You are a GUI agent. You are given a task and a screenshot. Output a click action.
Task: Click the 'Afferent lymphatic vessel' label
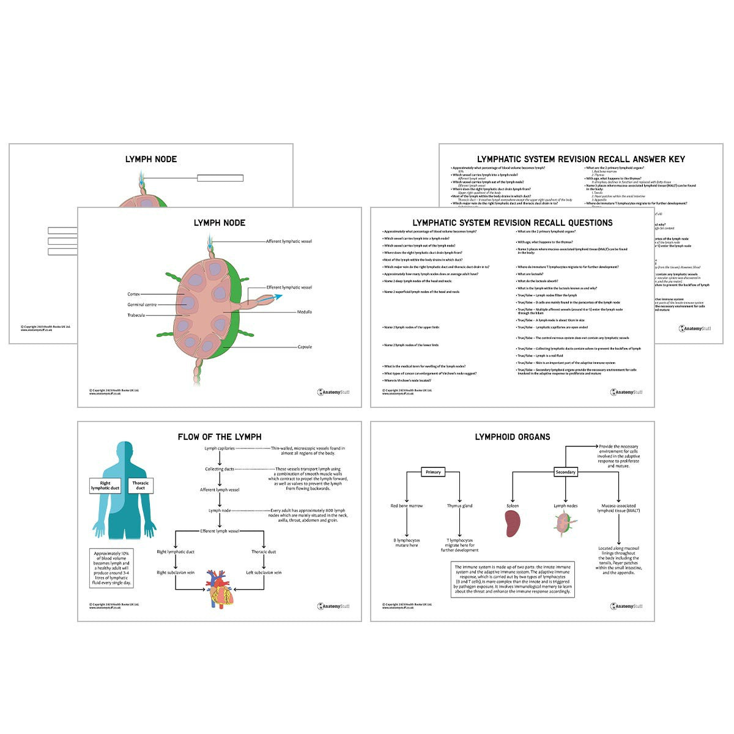click(x=289, y=242)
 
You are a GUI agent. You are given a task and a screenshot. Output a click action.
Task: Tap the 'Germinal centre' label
click(x=142, y=305)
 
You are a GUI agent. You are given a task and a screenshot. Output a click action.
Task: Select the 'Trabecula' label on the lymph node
click(x=136, y=316)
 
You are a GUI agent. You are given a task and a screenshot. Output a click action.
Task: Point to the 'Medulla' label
click(x=304, y=312)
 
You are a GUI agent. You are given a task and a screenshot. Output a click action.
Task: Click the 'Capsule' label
click(x=305, y=347)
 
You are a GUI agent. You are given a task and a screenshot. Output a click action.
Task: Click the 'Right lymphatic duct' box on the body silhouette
click(x=105, y=486)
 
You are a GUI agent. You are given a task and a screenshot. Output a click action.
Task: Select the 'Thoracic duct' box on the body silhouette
click(x=141, y=486)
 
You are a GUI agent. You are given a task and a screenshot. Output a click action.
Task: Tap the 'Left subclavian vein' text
click(x=264, y=573)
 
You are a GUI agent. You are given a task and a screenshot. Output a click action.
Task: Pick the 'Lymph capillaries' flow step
click(x=219, y=448)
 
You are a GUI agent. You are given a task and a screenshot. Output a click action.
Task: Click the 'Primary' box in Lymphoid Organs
click(x=433, y=472)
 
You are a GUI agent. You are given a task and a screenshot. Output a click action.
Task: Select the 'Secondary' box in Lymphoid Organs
click(x=565, y=472)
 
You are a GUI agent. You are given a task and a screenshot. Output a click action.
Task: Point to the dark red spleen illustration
click(x=513, y=524)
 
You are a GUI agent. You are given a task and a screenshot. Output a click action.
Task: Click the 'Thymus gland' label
click(x=459, y=506)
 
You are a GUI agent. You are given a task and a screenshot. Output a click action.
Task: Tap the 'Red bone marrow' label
click(x=407, y=506)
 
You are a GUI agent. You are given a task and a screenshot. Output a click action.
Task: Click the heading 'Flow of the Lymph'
click(x=220, y=437)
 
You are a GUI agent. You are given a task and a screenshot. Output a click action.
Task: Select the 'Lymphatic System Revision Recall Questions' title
click(x=512, y=223)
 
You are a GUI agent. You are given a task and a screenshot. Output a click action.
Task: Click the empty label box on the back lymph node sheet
click(x=220, y=178)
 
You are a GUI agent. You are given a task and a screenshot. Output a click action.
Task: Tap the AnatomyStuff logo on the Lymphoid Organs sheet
click(x=626, y=606)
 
